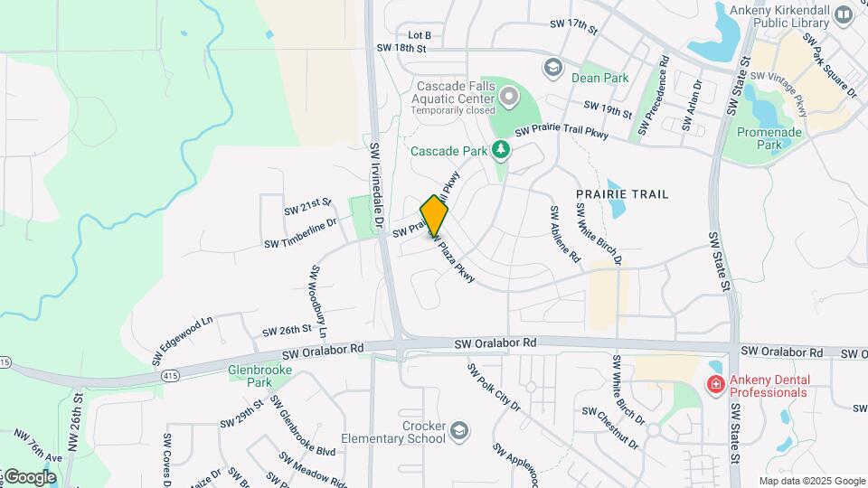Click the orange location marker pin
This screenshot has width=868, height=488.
435,216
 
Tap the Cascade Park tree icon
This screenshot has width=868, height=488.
500,150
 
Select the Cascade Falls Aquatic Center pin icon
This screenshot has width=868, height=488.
509,95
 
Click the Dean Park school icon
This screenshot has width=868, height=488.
552,67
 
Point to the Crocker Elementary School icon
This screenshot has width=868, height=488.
459,430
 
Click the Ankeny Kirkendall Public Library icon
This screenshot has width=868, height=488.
844,14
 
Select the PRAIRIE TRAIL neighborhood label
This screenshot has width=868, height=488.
622,194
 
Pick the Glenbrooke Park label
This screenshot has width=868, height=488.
250,376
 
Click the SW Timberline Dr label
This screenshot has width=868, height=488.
300,232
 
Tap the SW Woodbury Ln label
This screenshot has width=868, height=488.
319,301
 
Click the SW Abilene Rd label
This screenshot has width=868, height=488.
565,233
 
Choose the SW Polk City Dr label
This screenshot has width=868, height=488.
494,387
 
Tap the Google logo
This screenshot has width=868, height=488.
29,477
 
